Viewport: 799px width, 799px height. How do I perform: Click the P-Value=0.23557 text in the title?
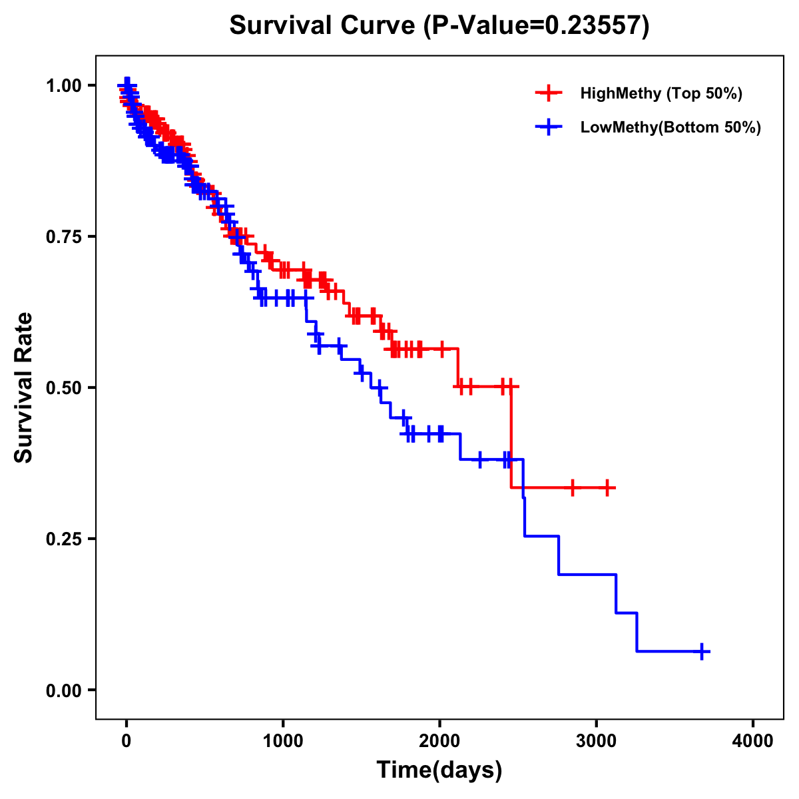[x=537, y=26]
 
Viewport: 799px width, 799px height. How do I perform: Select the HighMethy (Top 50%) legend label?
[x=661, y=93]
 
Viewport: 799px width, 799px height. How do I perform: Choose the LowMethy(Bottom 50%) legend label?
[x=670, y=127]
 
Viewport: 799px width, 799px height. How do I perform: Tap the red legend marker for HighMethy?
[x=548, y=93]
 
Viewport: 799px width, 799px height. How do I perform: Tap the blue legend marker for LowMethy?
[x=548, y=127]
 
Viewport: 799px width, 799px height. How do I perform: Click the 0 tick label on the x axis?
[x=127, y=741]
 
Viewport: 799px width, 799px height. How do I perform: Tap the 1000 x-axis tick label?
[x=283, y=741]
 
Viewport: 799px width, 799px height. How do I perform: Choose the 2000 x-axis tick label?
[x=439, y=741]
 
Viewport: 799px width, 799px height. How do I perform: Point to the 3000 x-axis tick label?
[x=597, y=741]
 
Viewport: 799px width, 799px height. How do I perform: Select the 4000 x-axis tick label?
[x=753, y=741]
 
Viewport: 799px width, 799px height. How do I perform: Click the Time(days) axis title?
[x=439, y=770]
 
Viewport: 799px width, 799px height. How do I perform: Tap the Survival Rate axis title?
[x=24, y=388]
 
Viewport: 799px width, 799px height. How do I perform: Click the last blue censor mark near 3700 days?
[x=702, y=651]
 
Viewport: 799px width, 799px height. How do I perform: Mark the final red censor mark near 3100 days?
[x=607, y=487]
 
